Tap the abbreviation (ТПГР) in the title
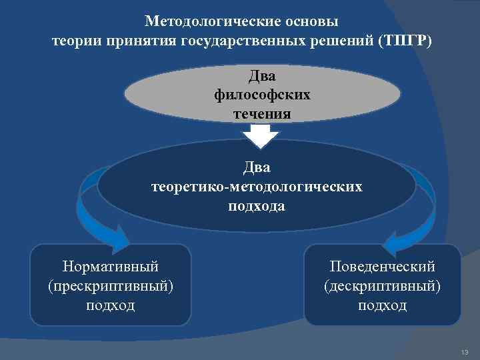(404, 42)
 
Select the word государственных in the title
(257, 42)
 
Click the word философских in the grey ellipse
(262, 94)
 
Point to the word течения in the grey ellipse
(262, 113)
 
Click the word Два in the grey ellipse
(262, 76)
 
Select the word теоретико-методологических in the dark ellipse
(257, 187)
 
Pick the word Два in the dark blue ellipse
(257, 167)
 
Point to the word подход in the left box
(111, 305)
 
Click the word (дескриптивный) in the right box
(382, 286)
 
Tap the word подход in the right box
(382, 305)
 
